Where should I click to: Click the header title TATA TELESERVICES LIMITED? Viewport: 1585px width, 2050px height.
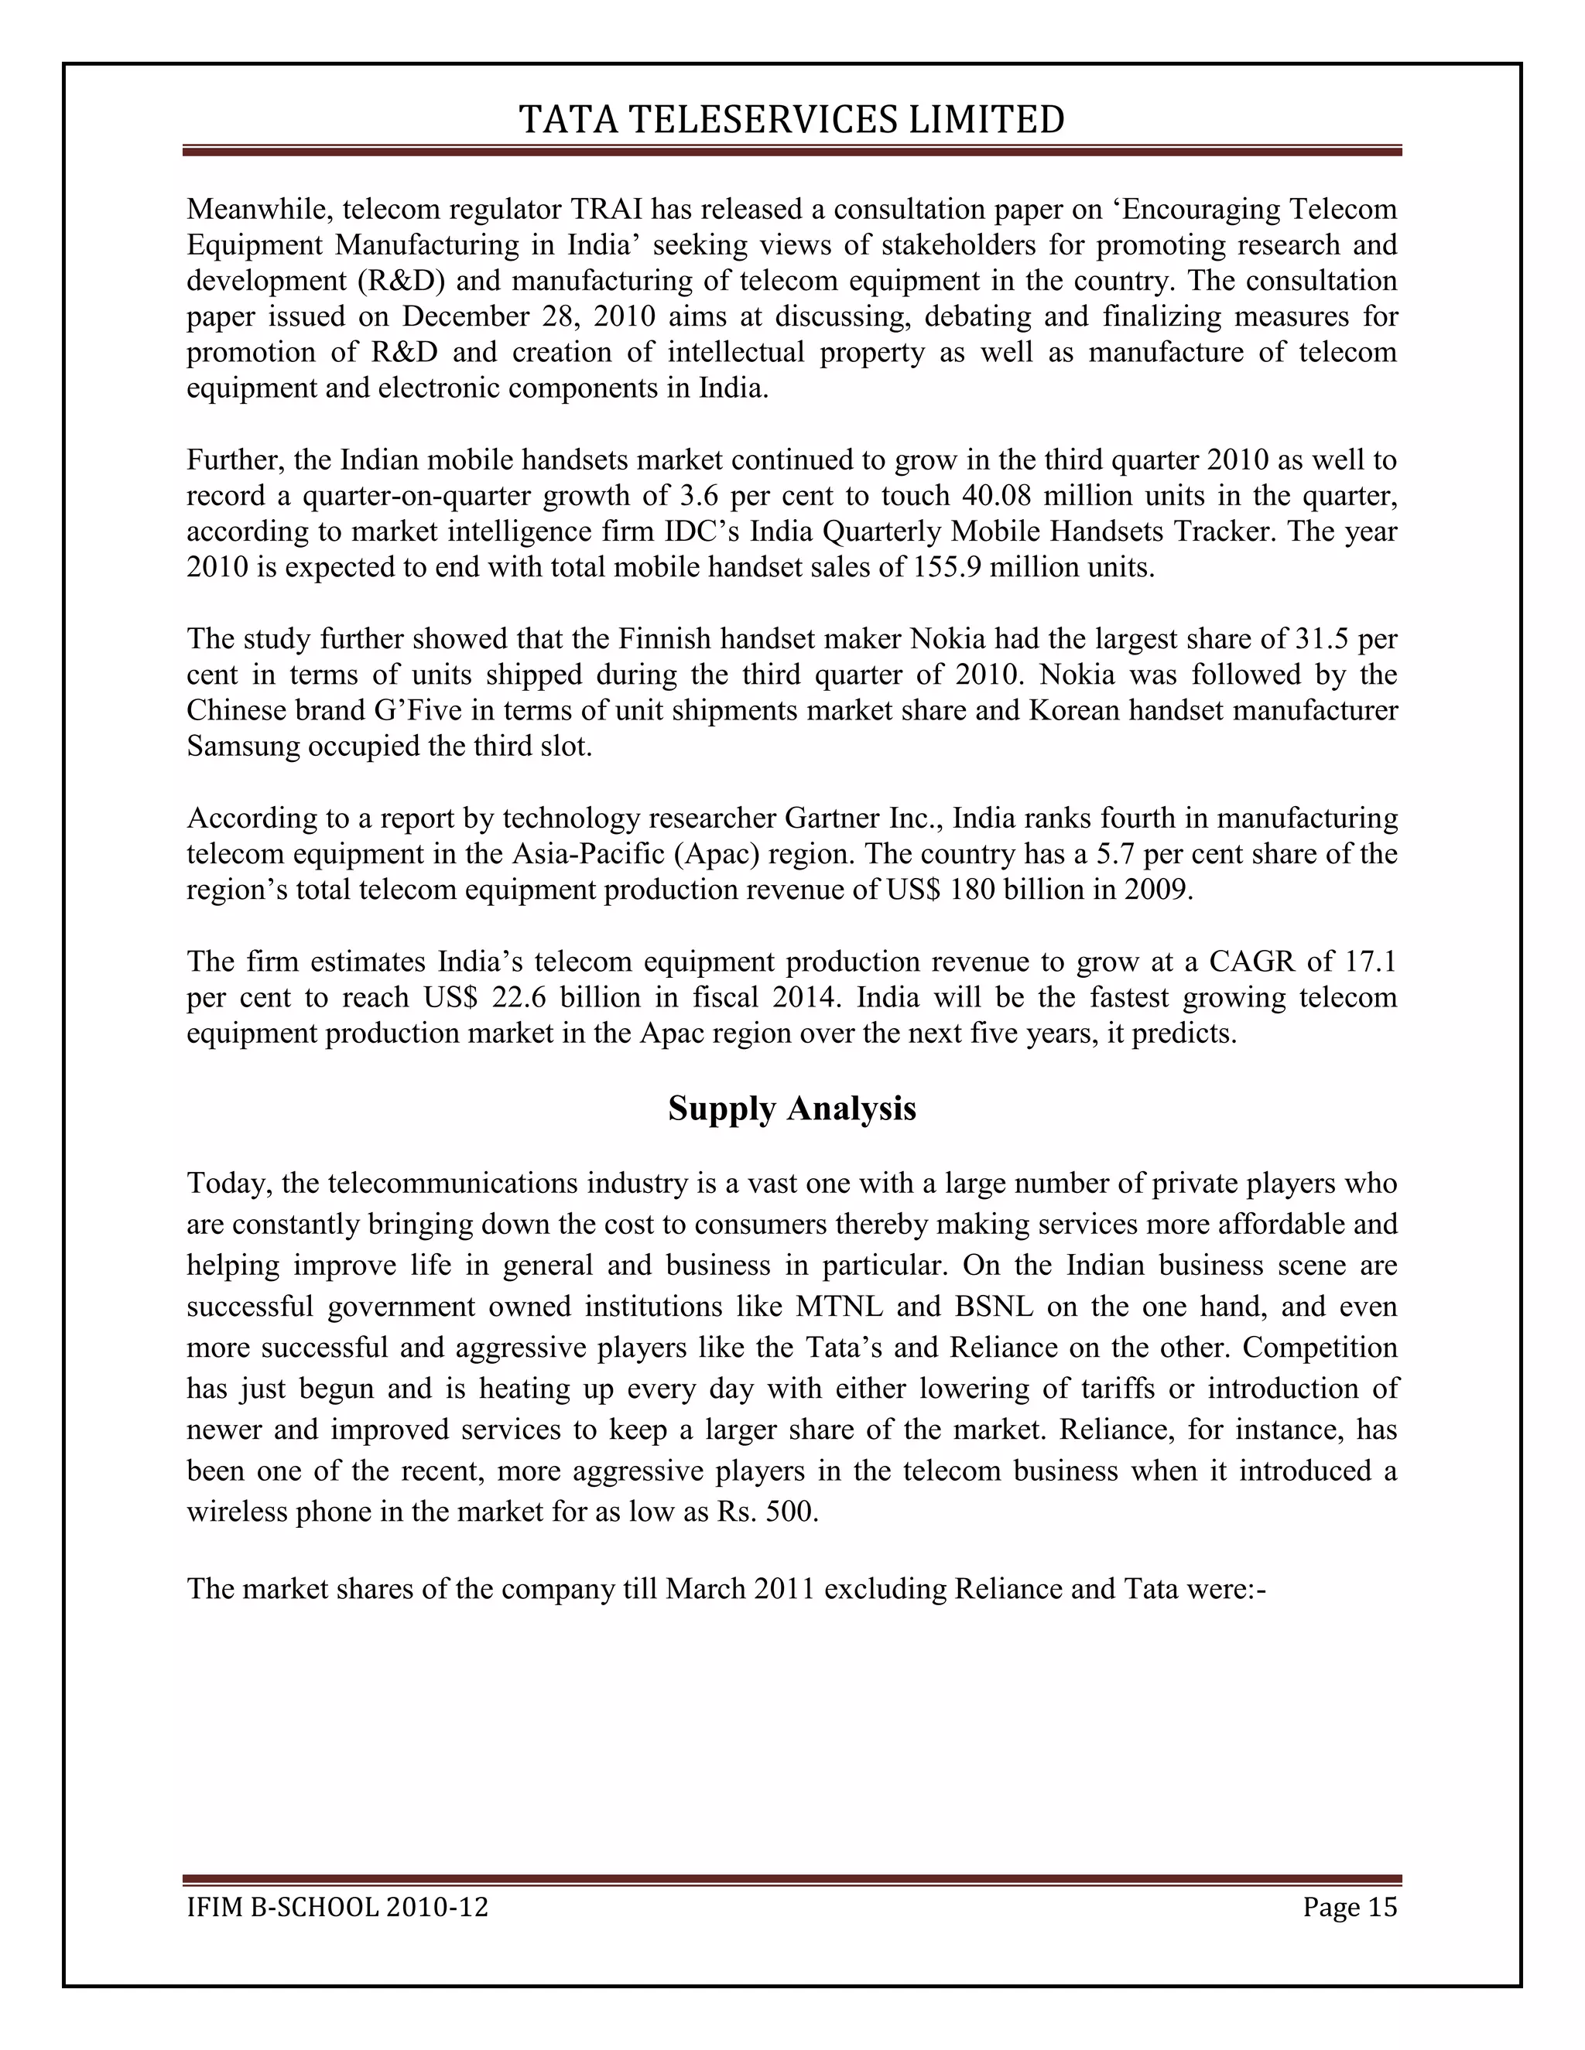pos(792,120)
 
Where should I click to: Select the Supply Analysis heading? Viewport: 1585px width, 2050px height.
pos(792,1109)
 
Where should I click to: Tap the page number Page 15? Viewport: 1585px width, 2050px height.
pos(1349,1908)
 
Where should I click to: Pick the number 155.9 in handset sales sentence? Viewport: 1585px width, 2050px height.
pos(946,567)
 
